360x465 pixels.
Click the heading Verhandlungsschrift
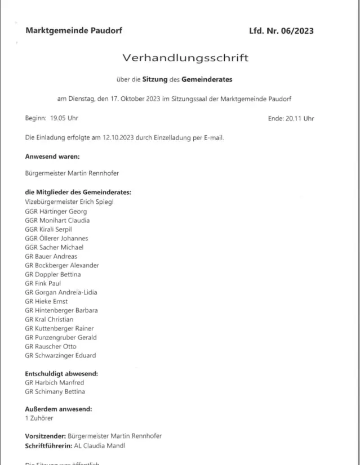(x=185, y=57)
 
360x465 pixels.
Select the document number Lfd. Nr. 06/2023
(x=281, y=30)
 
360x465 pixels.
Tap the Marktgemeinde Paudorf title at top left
(x=74, y=30)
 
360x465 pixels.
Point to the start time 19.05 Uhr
(x=63, y=118)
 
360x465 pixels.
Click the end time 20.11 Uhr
(x=300, y=118)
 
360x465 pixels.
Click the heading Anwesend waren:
(x=52, y=156)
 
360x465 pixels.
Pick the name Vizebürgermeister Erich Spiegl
(x=69, y=202)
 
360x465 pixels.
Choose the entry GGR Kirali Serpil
(x=48, y=229)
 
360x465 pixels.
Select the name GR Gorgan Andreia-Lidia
(x=61, y=292)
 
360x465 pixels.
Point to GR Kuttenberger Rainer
(x=59, y=328)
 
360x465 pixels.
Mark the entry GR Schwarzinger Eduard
(x=60, y=355)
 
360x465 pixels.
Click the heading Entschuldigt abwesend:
(x=61, y=374)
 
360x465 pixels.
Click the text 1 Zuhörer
(x=41, y=419)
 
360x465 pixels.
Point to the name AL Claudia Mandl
(x=103, y=445)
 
